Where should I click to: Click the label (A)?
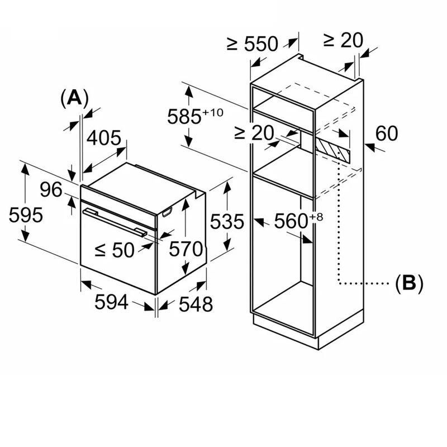click(74, 98)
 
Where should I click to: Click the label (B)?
click(408, 283)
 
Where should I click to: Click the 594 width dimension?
click(111, 302)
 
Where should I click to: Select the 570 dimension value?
click(186, 249)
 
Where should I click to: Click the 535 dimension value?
click(227, 222)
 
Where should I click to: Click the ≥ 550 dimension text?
click(253, 43)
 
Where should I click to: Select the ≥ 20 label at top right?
click(343, 40)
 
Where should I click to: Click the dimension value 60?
click(386, 134)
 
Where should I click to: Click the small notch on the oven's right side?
click(167, 212)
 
